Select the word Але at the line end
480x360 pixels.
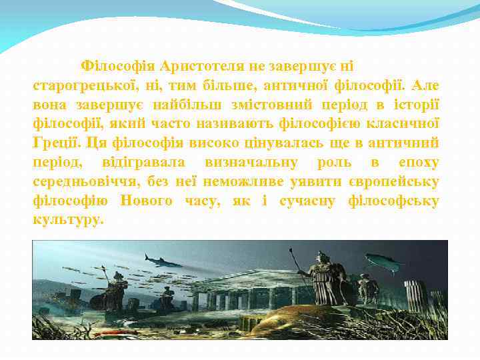click(x=426, y=86)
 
